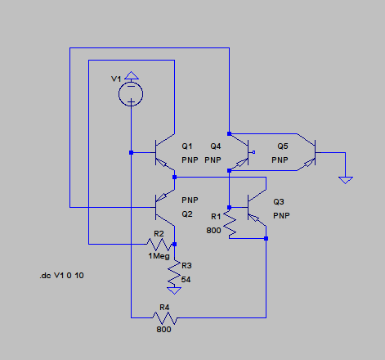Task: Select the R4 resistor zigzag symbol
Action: (x=164, y=317)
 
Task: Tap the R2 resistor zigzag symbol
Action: (x=159, y=245)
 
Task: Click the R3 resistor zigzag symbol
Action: (x=174, y=273)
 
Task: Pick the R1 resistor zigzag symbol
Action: (x=230, y=224)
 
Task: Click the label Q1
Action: (x=187, y=146)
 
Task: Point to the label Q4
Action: (x=216, y=146)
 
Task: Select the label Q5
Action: (x=283, y=146)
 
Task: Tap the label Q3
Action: (x=279, y=202)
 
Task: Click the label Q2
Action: (x=187, y=214)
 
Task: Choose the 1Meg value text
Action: (x=159, y=256)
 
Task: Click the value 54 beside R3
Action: (x=186, y=280)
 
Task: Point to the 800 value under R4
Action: (x=163, y=330)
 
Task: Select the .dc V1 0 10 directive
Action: (x=61, y=276)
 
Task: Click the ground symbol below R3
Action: (x=174, y=290)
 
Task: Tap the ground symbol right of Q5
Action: (x=346, y=180)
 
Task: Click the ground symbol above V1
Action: (x=132, y=76)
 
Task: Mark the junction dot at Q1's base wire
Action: (x=131, y=153)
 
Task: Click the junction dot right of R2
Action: (x=174, y=244)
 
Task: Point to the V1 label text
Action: (x=116, y=79)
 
